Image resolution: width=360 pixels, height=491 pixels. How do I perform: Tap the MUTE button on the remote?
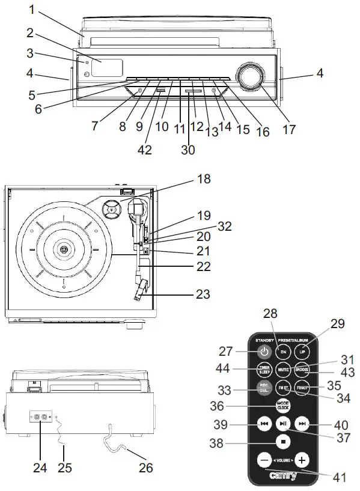coord(283,370)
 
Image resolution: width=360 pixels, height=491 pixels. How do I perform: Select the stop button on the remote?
coord(283,441)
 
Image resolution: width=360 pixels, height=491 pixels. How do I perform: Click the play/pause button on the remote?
coord(283,423)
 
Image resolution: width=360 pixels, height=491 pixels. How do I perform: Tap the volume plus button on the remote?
coord(302,460)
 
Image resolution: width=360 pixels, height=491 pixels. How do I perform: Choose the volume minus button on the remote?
coord(264,460)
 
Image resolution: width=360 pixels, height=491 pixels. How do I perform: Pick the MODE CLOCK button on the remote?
coord(283,405)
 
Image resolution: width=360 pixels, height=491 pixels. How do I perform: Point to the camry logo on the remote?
coord(283,478)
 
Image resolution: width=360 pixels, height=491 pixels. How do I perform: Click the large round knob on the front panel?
coord(248,76)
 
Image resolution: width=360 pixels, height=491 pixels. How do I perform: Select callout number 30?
coord(188,150)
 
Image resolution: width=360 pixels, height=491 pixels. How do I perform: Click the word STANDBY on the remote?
coord(265,340)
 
